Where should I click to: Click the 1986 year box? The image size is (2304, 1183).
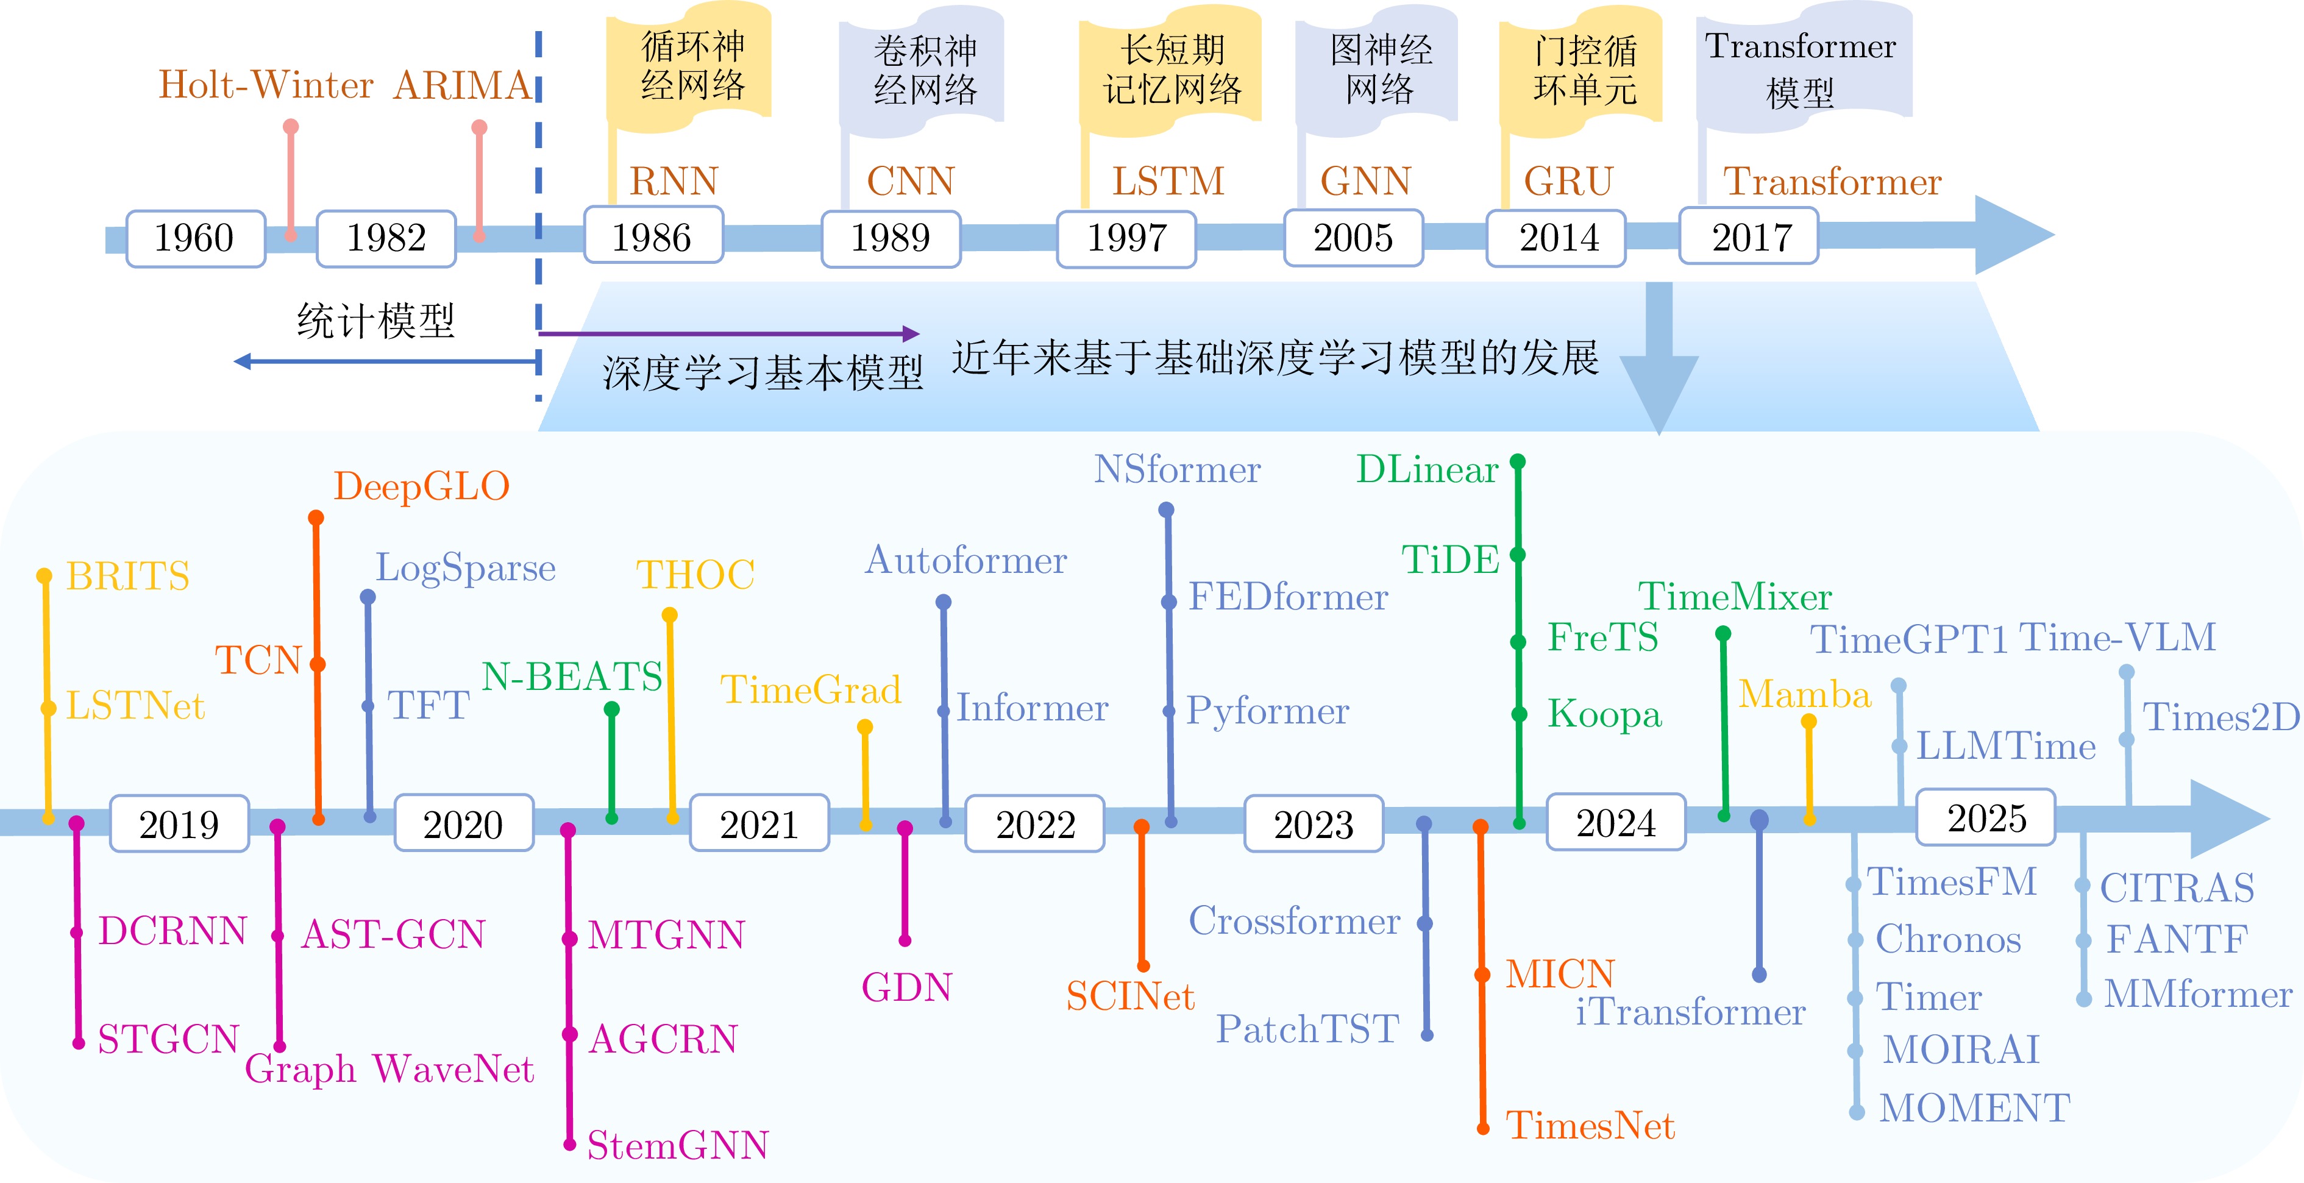point(653,236)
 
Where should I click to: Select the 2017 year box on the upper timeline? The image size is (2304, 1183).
point(1749,236)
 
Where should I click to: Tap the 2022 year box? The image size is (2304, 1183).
point(1035,823)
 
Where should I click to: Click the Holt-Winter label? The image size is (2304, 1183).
point(266,85)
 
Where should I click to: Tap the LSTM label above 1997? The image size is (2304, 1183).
point(1168,182)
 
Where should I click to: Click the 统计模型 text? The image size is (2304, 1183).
point(375,320)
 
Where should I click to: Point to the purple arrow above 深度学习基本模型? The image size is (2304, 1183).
point(729,333)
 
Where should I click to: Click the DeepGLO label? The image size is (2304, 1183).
point(421,486)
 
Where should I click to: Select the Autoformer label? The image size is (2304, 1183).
point(966,561)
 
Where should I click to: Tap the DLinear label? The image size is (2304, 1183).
point(1426,469)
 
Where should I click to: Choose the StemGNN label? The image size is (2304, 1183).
point(678,1145)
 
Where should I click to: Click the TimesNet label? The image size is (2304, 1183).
point(1590,1125)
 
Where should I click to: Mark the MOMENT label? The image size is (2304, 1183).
point(1975,1108)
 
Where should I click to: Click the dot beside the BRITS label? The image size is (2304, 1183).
point(44,576)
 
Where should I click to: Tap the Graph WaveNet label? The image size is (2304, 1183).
point(389,1068)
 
